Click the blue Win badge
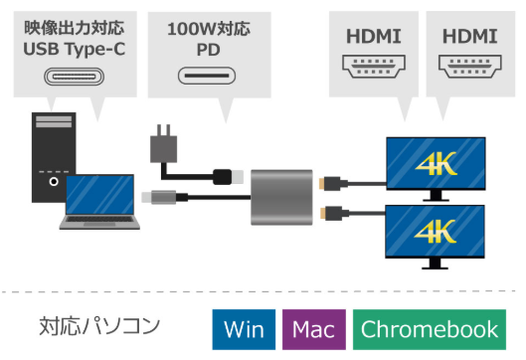(244, 329)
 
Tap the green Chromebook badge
(430, 329)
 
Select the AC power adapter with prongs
(161, 145)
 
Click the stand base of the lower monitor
(437, 266)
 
